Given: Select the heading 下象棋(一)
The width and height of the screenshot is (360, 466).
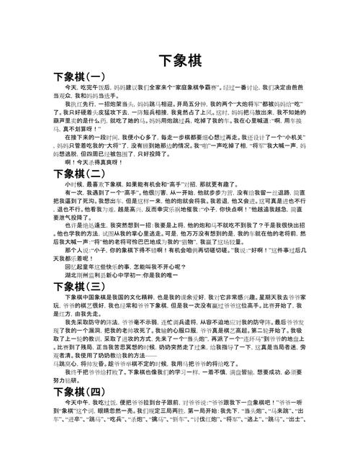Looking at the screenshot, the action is click(79, 76).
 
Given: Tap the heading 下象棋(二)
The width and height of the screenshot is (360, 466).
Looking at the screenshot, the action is click(79, 174).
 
